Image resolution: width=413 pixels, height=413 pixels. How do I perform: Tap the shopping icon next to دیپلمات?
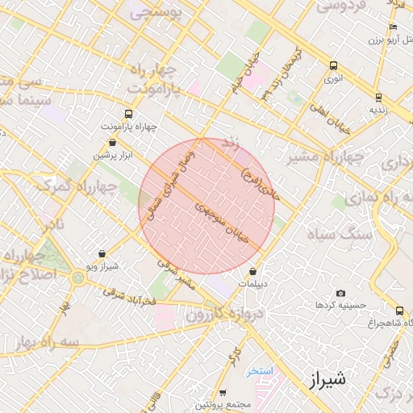click(254, 272)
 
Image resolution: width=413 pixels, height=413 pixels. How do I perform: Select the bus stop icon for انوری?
click(333, 66)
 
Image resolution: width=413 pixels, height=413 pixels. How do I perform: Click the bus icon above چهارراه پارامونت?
click(129, 115)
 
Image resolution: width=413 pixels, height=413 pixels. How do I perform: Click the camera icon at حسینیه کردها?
click(340, 293)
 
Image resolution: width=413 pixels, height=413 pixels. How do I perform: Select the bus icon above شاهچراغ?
click(399, 311)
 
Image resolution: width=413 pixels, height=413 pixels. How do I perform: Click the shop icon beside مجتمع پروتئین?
click(223, 392)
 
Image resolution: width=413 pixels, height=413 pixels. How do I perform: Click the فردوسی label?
click(341, 6)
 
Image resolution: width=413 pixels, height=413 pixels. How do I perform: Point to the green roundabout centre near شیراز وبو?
click(78, 277)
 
